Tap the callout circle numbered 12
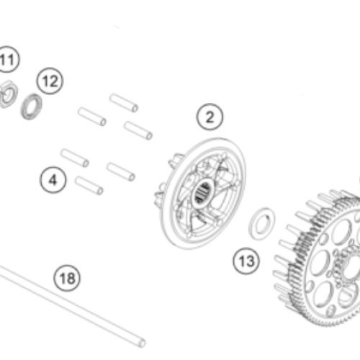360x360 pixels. point(50,81)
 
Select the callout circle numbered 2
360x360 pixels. point(210,117)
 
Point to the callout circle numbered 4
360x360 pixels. point(53,180)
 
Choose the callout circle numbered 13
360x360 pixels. point(246,261)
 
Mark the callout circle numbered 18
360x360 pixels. point(67,278)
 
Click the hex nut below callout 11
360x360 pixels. point(8,94)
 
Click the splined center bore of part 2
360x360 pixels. point(202,192)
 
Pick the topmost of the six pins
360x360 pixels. point(124,103)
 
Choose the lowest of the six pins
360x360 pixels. point(89,186)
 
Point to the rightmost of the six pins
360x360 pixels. point(138,130)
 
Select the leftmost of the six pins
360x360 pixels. point(75,158)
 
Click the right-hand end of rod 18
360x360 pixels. point(142,343)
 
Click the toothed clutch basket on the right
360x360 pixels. point(319,258)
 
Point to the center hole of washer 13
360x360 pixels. point(261,224)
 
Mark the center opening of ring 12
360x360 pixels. point(32,107)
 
